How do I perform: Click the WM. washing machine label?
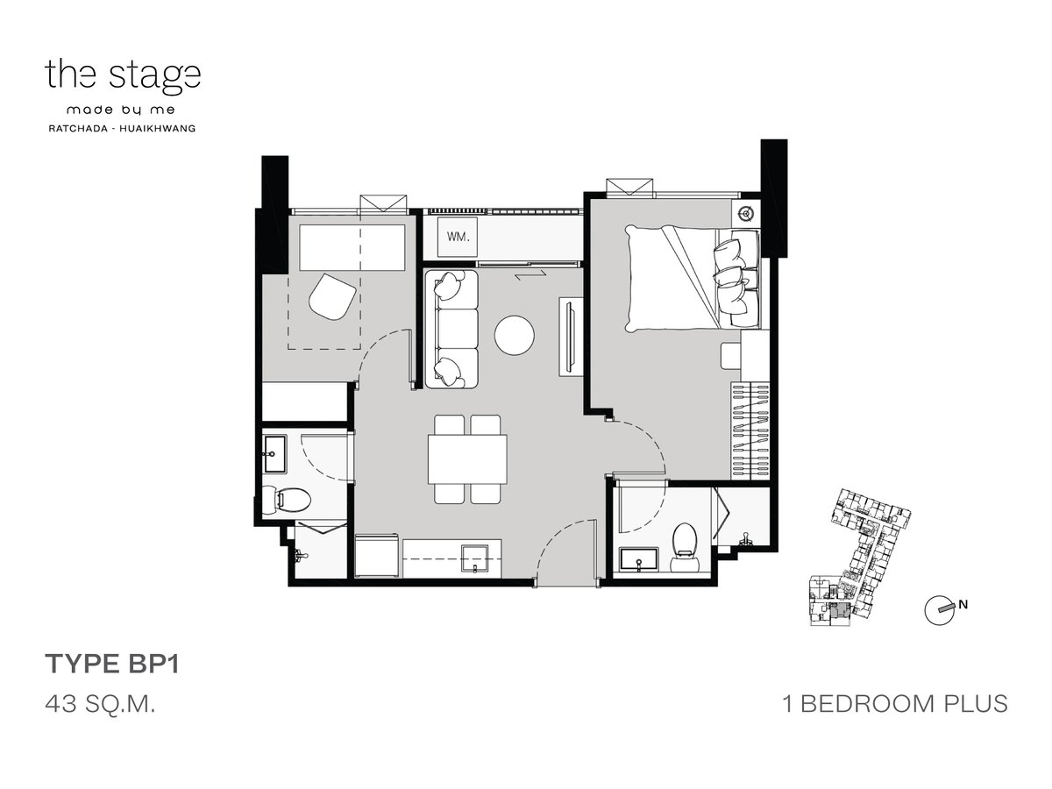(x=458, y=237)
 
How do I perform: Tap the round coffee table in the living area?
(x=515, y=336)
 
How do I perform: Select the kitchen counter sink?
(x=475, y=558)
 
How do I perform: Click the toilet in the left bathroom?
(x=286, y=499)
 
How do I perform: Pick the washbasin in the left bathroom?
(x=274, y=453)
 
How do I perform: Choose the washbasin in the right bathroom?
(x=639, y=559)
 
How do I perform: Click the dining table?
(x=467, y=459)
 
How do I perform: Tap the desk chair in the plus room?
(x=332, y=296)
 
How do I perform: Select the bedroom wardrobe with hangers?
(x=750, y=430)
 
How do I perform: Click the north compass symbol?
(x=940, y=610)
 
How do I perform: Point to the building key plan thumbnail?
(x=859, y=558)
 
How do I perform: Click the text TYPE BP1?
(x=112, y=665)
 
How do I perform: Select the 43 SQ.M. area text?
(x=100, y=705)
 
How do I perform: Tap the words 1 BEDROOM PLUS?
(x=895, y=704)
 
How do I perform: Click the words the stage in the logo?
(x=123, y=76)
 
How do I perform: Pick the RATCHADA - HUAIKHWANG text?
(x=122, y=128)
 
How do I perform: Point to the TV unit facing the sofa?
(x=571, y=337)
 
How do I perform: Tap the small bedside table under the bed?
(x=731, y=356)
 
